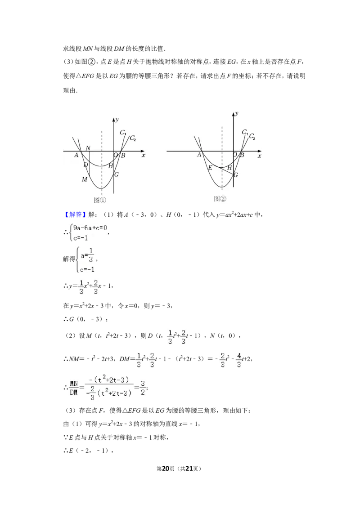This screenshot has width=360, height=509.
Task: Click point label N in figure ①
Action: tap(88, 148)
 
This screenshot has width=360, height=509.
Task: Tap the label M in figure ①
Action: tap(85, 179)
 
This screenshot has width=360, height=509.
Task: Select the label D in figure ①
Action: tap(86, 165)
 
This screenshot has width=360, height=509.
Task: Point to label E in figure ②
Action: tap(210, 168)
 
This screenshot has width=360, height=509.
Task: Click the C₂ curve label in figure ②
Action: tap(252, 136)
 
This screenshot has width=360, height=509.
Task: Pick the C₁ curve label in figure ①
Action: tap(123, 132)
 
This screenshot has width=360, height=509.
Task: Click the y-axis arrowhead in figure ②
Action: tap(233, 114)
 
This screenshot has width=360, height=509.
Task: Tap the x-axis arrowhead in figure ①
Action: tap(143, 151)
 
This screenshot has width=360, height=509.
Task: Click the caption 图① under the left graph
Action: tap(100, 200)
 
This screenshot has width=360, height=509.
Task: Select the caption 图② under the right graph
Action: tap(220, 199)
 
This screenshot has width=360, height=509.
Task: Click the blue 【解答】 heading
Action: tap(74, 214)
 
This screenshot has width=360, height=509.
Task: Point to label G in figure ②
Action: tap(236, 174)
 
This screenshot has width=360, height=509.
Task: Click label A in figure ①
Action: tap(76, 155)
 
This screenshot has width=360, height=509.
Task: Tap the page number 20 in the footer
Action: tap(166, 469)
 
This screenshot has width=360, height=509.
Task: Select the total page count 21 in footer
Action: tap(189, 469)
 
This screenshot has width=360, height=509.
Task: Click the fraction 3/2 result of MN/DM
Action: tap(143, 388)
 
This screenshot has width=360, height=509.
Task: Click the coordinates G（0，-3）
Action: tap(85, 319)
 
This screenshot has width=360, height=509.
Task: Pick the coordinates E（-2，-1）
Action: tap(89, 451)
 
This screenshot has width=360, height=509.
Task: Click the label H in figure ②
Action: tap(229, 168)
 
